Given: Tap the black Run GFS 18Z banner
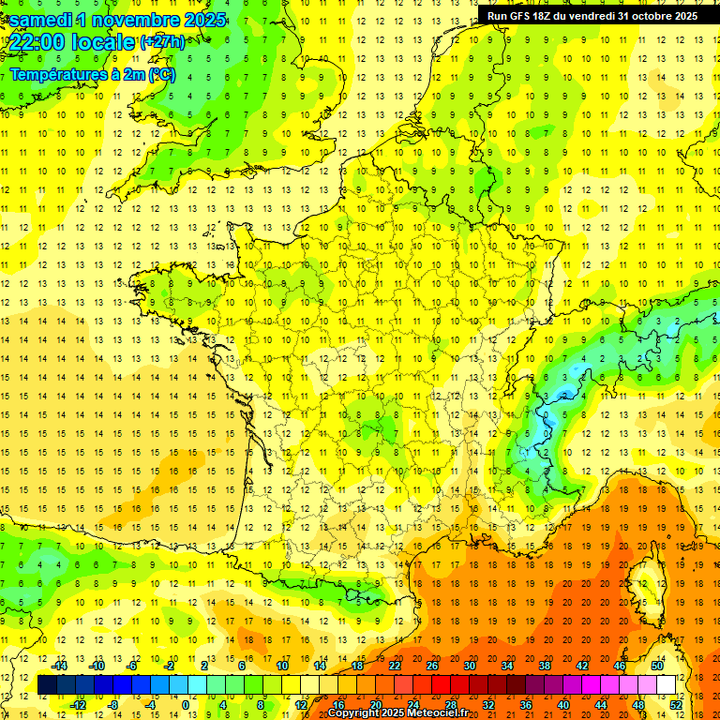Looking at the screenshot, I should (592, 16).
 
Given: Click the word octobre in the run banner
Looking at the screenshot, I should (652, 16).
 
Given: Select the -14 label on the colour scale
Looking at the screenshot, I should (60, 666).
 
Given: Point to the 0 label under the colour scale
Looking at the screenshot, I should (185, 705).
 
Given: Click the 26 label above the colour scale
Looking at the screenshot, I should (432, 666).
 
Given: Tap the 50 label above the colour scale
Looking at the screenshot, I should (656, 666).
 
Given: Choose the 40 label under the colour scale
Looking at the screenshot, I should (562, 705).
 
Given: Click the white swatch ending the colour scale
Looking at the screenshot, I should (666, 685).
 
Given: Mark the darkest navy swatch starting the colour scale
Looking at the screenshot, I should (47, 685).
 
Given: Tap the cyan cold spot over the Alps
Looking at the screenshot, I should (565, 394).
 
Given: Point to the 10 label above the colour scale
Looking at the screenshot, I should (282, 666).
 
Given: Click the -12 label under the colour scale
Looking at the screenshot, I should (79, 705).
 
